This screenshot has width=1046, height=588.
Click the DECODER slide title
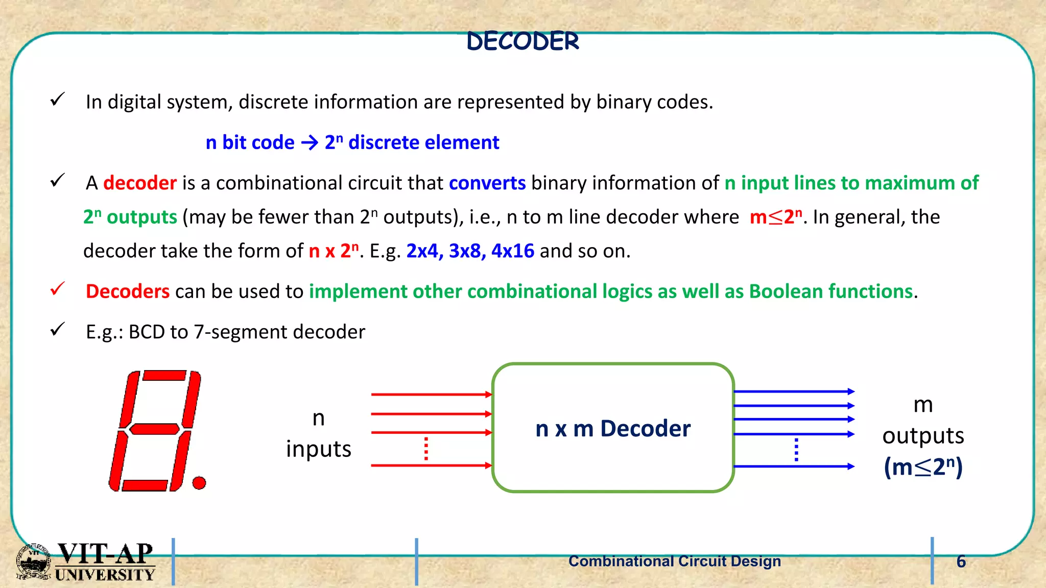click(x=523, y=41)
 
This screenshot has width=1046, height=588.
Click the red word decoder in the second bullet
click(x=140, y=183)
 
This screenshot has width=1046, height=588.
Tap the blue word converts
click(x=487, y=183)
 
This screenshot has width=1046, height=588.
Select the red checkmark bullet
click(x=58, y=289)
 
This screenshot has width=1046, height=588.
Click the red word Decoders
click(x=128, y=291)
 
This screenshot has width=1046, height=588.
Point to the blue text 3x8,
click(x=467, y=251)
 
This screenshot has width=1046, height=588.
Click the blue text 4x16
click(x=512, y=251)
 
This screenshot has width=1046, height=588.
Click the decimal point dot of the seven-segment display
click(x=199, y=482)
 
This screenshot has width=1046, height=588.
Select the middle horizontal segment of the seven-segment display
click(x=155, y=429)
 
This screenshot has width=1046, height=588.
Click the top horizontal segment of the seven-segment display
click(x=164, y=376)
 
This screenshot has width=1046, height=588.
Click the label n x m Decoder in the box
click(x=613, y=428)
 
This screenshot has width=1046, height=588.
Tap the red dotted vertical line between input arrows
click(x=426, y=449)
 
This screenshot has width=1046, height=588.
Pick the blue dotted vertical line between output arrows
click(x=796, y=449)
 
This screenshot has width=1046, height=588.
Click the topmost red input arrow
click(x=431, y=394)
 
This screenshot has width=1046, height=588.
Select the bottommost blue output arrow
click(x=794, y=466)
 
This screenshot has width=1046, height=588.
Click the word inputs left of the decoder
click(x=318, y=449)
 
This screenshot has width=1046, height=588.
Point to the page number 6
click(x=961, y=561)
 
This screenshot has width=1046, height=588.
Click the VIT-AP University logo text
click(x=105, y=561)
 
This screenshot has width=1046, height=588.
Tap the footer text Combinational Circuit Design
click(x=674, y=561)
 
